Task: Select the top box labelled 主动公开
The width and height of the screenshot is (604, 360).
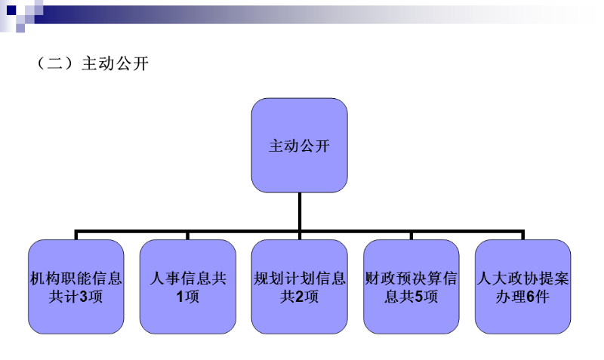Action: (x=299, y=144)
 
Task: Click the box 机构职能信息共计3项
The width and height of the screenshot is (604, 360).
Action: (x=75, y=287)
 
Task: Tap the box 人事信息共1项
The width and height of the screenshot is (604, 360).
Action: (x=188, y=287)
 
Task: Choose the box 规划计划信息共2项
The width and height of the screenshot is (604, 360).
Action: (x=300, y=287)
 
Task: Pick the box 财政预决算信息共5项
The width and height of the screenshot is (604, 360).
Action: (x=411, y=287)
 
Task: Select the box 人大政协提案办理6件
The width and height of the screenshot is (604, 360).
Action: (x=522, y=287)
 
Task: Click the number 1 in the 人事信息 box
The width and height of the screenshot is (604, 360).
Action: (x=180, y=297)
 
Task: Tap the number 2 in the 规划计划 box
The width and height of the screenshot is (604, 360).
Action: (x=299, y=297)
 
